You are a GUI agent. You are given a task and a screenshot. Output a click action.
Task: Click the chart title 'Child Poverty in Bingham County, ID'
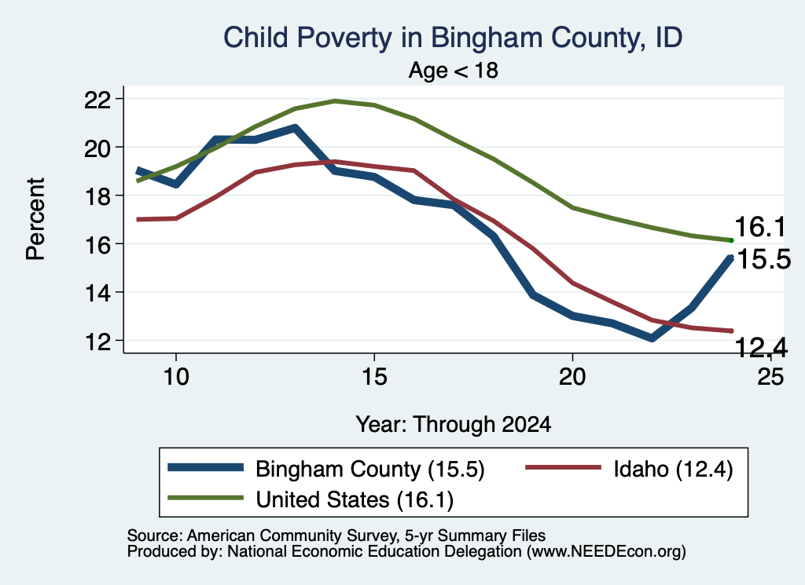point(453,38)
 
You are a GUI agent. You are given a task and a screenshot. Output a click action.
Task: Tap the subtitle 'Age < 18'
point(454,70)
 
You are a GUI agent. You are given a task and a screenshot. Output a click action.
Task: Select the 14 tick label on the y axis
point(97,293)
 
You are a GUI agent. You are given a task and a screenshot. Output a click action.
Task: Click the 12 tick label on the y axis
point(97,342)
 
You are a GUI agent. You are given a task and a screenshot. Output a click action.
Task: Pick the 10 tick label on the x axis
point(176,377)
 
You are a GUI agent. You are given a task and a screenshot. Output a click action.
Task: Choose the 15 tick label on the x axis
point(374,377)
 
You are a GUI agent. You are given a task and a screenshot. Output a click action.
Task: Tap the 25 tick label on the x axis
point(770,377)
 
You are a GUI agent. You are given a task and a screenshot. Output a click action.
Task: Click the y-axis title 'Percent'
point(36,219)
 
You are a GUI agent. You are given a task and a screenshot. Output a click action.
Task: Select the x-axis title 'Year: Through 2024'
point(454,425)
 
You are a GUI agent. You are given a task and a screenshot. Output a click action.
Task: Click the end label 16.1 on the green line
point(760,227)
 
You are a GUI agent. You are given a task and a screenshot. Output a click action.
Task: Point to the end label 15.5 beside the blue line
point(763,259)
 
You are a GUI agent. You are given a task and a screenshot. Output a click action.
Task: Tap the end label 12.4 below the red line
point(761,348)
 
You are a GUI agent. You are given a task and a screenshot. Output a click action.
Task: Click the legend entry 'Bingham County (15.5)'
point(326,469)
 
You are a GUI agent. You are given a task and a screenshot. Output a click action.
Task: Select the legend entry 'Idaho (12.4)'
point(630,469)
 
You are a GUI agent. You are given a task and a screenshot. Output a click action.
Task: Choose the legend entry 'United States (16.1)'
point(311,499)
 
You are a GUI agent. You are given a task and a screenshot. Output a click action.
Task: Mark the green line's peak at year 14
point(335,101)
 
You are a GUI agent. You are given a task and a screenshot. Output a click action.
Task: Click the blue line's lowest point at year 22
point(652,338)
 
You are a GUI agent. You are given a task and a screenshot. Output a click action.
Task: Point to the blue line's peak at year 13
point(295,127)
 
